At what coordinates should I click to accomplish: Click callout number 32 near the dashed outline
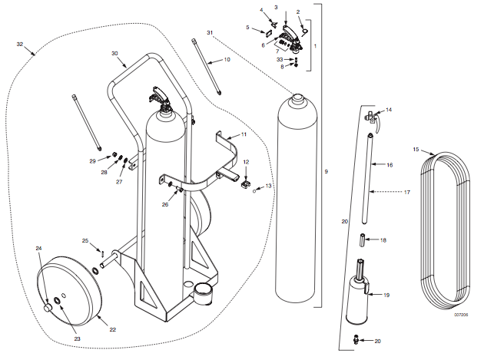coord(20,45)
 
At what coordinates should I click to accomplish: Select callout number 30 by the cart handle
coord(114,53)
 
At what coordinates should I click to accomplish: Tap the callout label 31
coord(208,31)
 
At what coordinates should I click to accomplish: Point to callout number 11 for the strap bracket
coord(244,134)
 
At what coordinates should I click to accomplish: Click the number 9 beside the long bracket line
coord(327,171)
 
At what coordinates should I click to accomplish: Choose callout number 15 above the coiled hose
coord(416,149)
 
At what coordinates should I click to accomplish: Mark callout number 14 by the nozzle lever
coord(389,111)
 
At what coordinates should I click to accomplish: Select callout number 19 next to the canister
coord(386,294)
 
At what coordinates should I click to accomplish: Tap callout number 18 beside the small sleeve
coord(384,240)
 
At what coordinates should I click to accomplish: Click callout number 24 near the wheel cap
coord(38,248)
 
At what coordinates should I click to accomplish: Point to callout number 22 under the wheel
coord(112,329)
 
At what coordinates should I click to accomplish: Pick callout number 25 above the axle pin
coord(85,240)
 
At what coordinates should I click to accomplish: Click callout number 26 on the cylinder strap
coord(164,204)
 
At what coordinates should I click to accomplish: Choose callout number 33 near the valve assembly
coord(280,59)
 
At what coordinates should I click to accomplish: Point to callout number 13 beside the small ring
coord(269,187)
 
